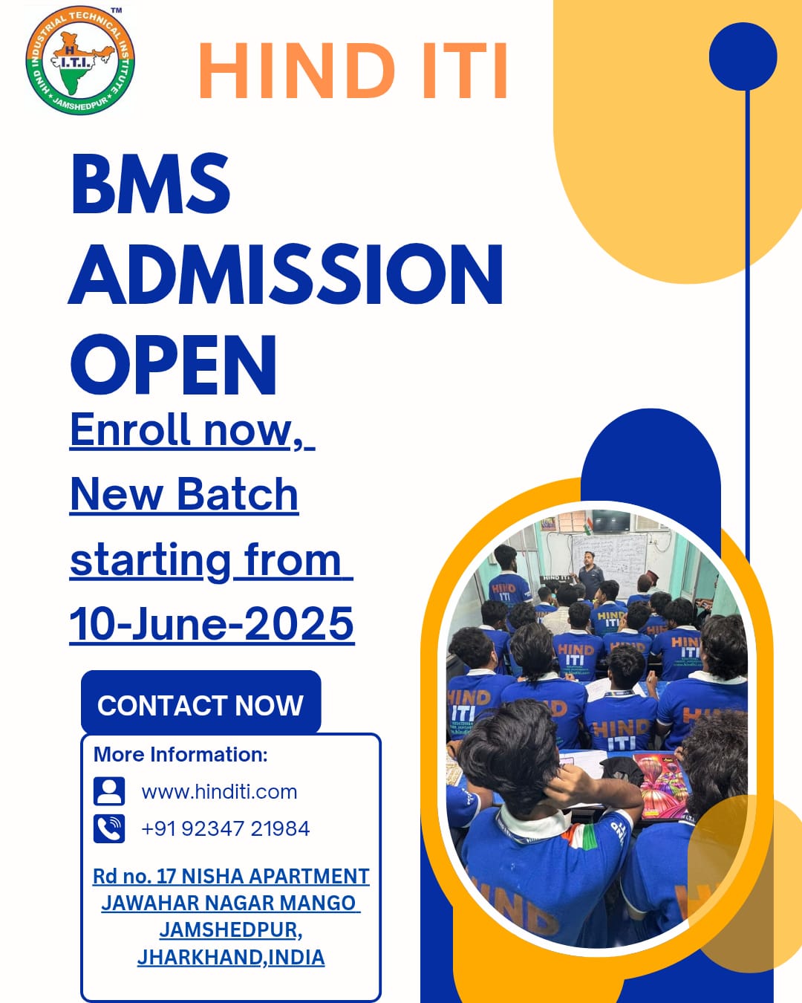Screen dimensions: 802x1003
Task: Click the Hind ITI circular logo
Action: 80,61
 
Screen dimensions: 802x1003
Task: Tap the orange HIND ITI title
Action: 353,71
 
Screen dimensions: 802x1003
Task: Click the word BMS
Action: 151,184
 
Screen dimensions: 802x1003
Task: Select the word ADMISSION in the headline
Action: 286,274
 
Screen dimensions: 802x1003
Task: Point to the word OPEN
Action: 174,365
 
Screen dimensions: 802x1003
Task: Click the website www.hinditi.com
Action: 219,792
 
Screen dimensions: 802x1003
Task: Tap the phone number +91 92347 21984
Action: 225,828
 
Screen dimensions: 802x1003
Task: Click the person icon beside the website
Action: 109,791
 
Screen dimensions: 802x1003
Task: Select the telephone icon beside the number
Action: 109,828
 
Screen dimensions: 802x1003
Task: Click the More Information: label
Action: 180,755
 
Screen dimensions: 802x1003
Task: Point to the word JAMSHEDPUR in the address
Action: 230,929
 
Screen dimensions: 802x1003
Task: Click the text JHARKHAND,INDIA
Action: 231,957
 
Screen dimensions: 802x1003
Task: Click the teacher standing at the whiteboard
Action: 590,574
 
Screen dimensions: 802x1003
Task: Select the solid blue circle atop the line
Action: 743,56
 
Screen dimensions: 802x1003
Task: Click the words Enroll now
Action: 181,430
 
